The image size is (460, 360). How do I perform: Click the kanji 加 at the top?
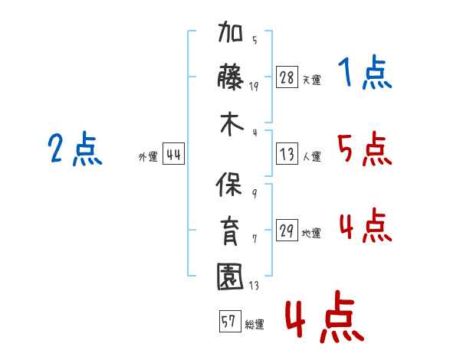coord(231,36)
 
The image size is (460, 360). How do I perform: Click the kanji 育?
coord(231,231)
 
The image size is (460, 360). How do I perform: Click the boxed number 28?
coord(287,77)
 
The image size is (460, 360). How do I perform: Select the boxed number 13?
coord(287,154)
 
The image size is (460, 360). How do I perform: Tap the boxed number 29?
coord(287,231)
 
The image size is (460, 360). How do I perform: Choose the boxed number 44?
coord(173,154)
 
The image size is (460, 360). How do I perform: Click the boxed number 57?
coord(228,321)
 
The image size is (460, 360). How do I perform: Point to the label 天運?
coord(311,80)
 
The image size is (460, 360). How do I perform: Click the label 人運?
coord(311,156)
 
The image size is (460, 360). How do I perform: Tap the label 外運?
coord(148,156)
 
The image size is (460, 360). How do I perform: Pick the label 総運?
coord(254,324)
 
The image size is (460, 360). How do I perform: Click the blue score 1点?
coord(364,74)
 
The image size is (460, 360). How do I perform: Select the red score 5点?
coord(364,149)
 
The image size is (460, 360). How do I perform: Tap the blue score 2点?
coord(75,149)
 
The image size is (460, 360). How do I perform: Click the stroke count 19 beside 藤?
coord(254,86)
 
